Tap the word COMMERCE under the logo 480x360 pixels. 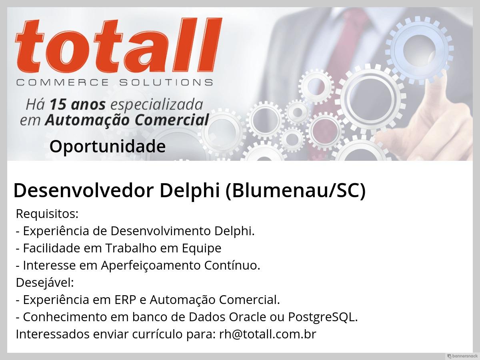point(62,83)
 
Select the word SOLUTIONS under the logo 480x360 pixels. point(166,83)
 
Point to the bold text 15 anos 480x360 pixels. point(78,104)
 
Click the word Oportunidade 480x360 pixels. point(108,146)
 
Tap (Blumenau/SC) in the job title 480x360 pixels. point(296,191)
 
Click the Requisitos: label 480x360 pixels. point(47,214)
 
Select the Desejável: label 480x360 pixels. point(45,283)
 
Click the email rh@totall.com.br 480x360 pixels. point(268,334)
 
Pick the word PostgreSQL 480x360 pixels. point(323,317)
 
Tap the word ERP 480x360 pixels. point(125,300)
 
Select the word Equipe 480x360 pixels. point(202,248)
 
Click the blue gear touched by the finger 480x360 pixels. point(419,50)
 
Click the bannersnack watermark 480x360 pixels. point(462,356)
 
